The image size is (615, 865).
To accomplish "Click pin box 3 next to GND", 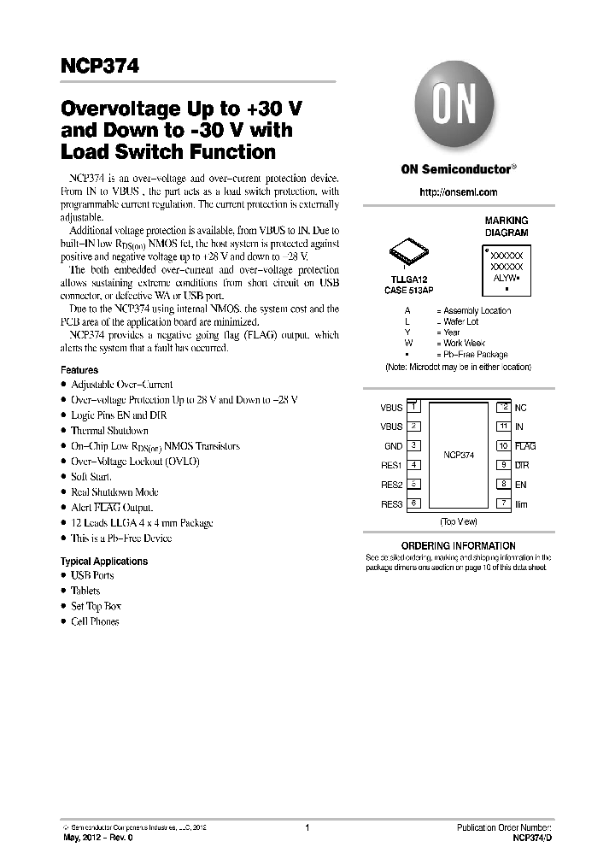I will (413, 445).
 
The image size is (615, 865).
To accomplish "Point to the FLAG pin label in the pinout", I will (525, 446).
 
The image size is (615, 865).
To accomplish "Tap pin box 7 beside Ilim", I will (504, 504).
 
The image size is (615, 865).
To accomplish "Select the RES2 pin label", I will (391, 485).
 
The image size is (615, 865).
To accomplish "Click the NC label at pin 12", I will (521, 408).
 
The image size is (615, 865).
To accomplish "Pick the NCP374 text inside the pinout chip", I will (459, 456).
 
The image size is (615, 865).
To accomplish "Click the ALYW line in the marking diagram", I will (507, 278).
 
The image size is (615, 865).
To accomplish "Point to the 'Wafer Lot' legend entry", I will (460, 321).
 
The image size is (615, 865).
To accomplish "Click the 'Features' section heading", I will (79, 370).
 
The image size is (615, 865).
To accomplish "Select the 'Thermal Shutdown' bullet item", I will (109, 431).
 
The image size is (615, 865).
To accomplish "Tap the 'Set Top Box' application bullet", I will (96, 606).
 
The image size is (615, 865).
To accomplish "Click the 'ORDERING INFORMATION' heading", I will (459, 545).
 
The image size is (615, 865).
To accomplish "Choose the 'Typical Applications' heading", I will (104, 562).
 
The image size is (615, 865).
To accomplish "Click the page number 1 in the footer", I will (307, 827).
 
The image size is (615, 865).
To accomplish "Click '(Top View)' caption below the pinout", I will (459, 521).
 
